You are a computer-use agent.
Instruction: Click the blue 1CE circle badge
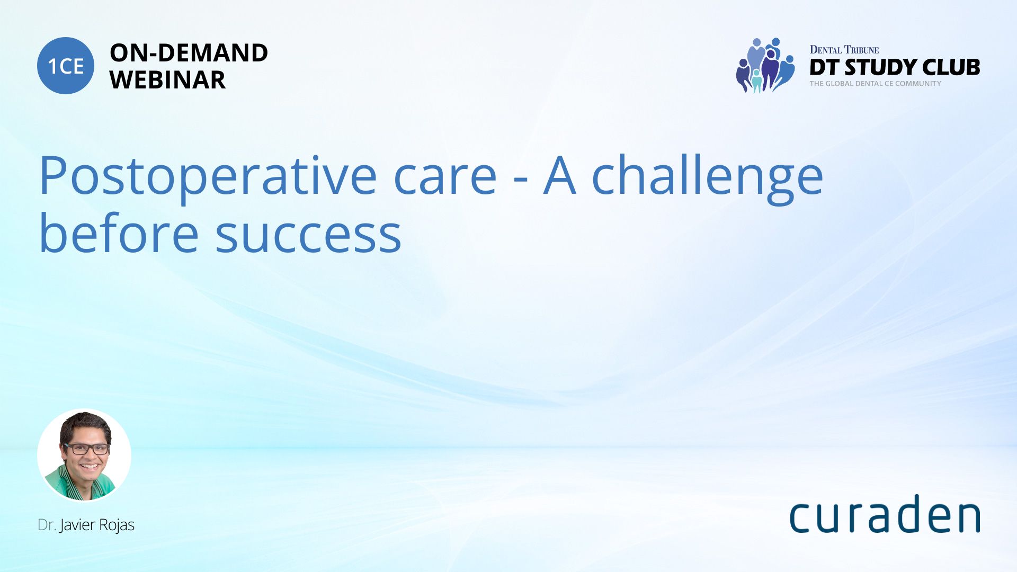click(x=66, y=66)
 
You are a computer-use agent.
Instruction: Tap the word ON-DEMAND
click(x=189, y=52)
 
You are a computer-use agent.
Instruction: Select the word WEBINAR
click(x=167, y=80)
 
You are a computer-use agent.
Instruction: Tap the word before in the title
click(x=119, y=231)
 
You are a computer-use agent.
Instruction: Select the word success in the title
click(x=308, y=236)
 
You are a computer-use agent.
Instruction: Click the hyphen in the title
click(x=521, y=181)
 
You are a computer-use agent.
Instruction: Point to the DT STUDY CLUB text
click(x=895, y=67)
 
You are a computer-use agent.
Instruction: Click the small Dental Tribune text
click(x=844, y=50)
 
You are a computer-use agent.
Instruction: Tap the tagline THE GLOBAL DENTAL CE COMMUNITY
click(x=875, y=84)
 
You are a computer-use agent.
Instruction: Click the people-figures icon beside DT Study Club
click(x=765, y=65)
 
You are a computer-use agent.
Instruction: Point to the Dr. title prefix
click(x=47, y=525)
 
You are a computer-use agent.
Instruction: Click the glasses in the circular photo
click(x=86, y=449)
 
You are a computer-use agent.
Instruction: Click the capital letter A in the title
click(x=560, y=176)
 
